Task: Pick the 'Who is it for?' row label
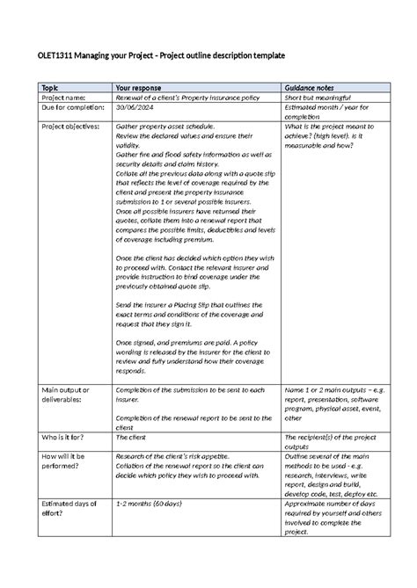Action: click(60, 435)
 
